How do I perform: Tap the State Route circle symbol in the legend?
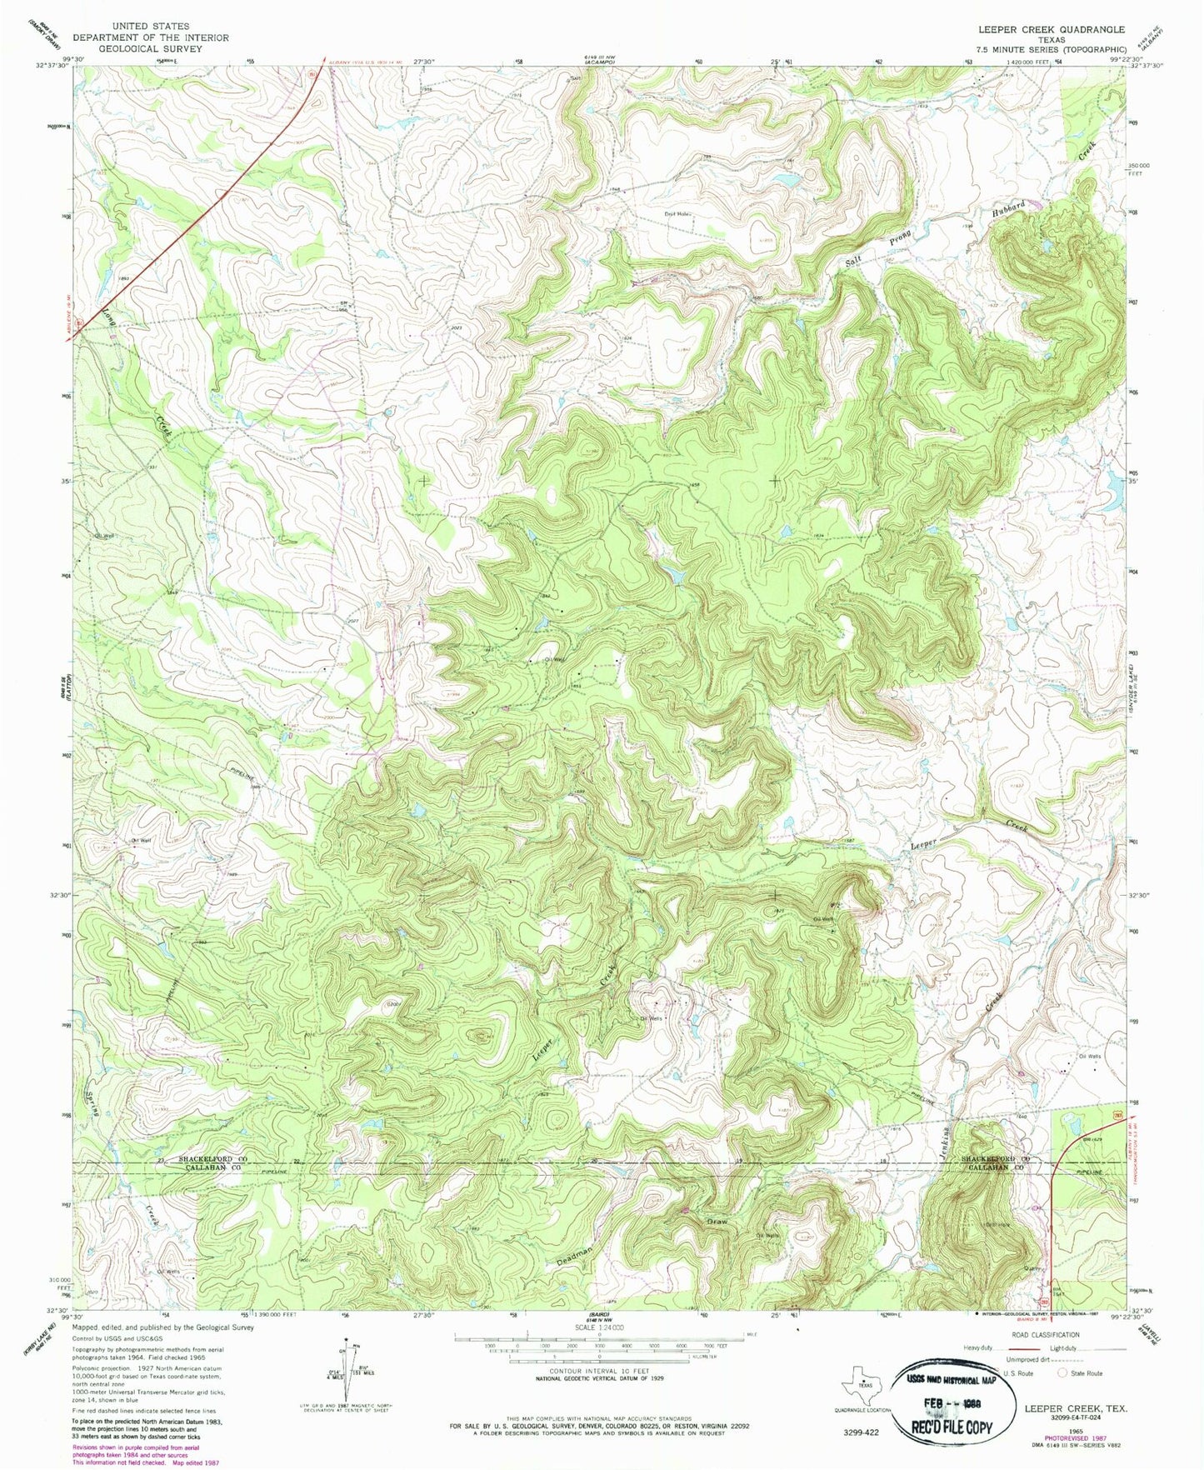coord(1062,1372)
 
